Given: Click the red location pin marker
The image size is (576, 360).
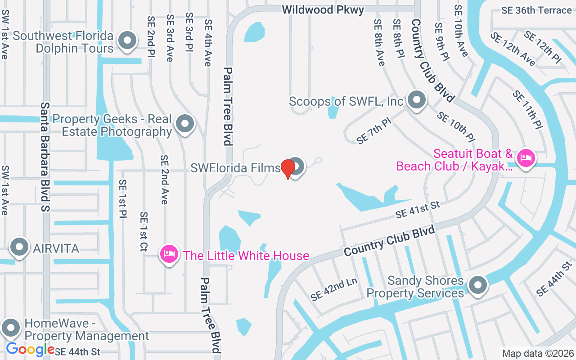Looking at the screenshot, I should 288,169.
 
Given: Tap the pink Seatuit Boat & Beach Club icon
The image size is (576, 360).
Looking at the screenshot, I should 525,158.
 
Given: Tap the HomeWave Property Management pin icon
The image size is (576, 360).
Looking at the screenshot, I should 11,328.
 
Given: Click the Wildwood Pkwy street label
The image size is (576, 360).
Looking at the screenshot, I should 323,10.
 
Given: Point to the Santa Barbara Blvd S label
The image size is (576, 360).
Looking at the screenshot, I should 45,157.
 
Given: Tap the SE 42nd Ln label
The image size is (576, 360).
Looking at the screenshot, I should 333,288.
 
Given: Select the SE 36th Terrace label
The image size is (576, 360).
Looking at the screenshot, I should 536,10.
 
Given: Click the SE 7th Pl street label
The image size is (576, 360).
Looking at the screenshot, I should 374,131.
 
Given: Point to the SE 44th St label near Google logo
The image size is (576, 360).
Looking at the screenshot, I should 77,351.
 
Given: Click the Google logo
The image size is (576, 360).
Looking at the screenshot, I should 30,349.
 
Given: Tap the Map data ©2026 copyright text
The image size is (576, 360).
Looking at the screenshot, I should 538,354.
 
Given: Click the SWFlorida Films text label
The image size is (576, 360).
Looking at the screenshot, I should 235,168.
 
